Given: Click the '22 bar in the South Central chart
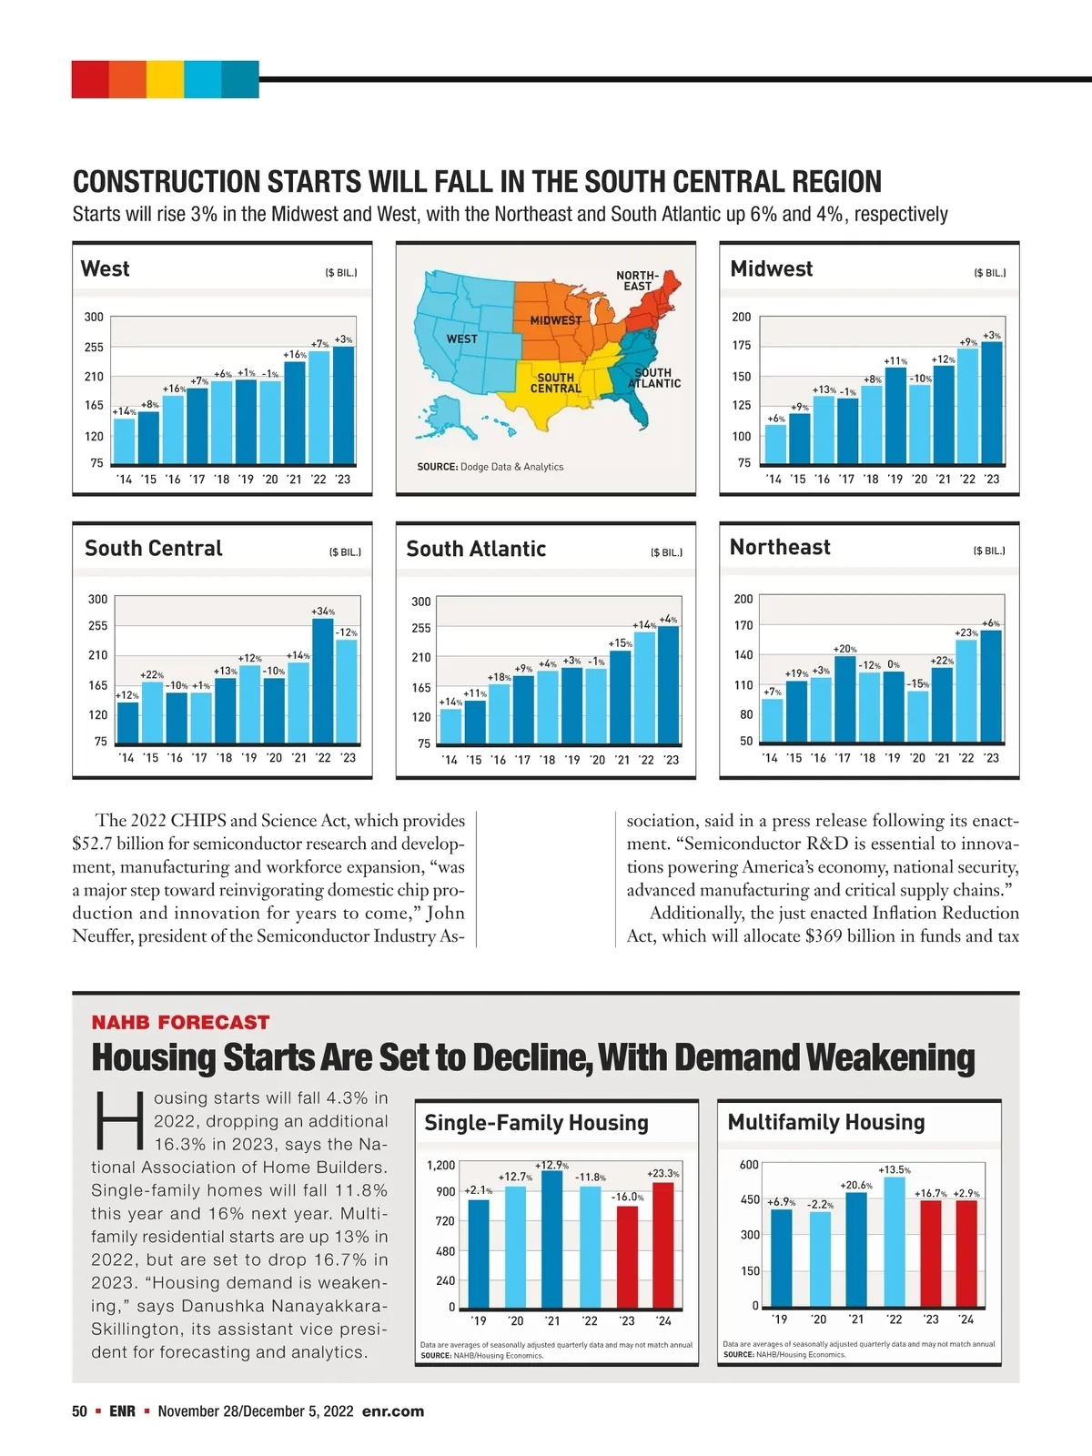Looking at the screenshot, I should tap(323, 681).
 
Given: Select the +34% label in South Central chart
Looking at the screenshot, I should tap(323, 612).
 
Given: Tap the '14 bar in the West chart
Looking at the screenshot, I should tap(124, 440).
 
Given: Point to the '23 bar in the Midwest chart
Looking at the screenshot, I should tap(992, 403).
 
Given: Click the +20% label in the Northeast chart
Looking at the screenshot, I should tap(844, 649).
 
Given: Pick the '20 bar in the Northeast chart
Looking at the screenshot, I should tap(917, 716).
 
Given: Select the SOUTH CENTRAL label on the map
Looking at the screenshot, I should tap(555, 383).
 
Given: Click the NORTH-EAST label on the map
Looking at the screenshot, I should tap(638, 280).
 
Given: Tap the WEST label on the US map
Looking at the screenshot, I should tap(461, 339).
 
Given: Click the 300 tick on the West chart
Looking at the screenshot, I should tap(94, 317).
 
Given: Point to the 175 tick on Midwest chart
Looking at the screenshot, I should tap(742, 346).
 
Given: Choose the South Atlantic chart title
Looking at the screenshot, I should tap(476, 549).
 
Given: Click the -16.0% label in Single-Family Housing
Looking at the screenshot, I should tap(627, 1197).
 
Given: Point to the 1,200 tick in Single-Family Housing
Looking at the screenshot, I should tap(440, 1165).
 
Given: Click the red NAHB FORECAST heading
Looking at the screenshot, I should tap(180, 1023).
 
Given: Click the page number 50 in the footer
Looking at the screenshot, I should tap(79, 1411).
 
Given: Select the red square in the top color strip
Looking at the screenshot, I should tap(90, 79).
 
